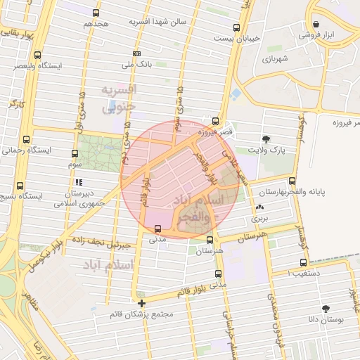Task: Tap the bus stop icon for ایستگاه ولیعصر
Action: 37,55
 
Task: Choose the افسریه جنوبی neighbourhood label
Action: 118,99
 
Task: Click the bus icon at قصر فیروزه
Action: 215,121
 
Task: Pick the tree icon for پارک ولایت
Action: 266,139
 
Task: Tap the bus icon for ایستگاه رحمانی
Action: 27,139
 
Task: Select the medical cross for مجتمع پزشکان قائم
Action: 142,304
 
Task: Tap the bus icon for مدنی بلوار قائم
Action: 219,274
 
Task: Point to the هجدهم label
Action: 97,24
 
